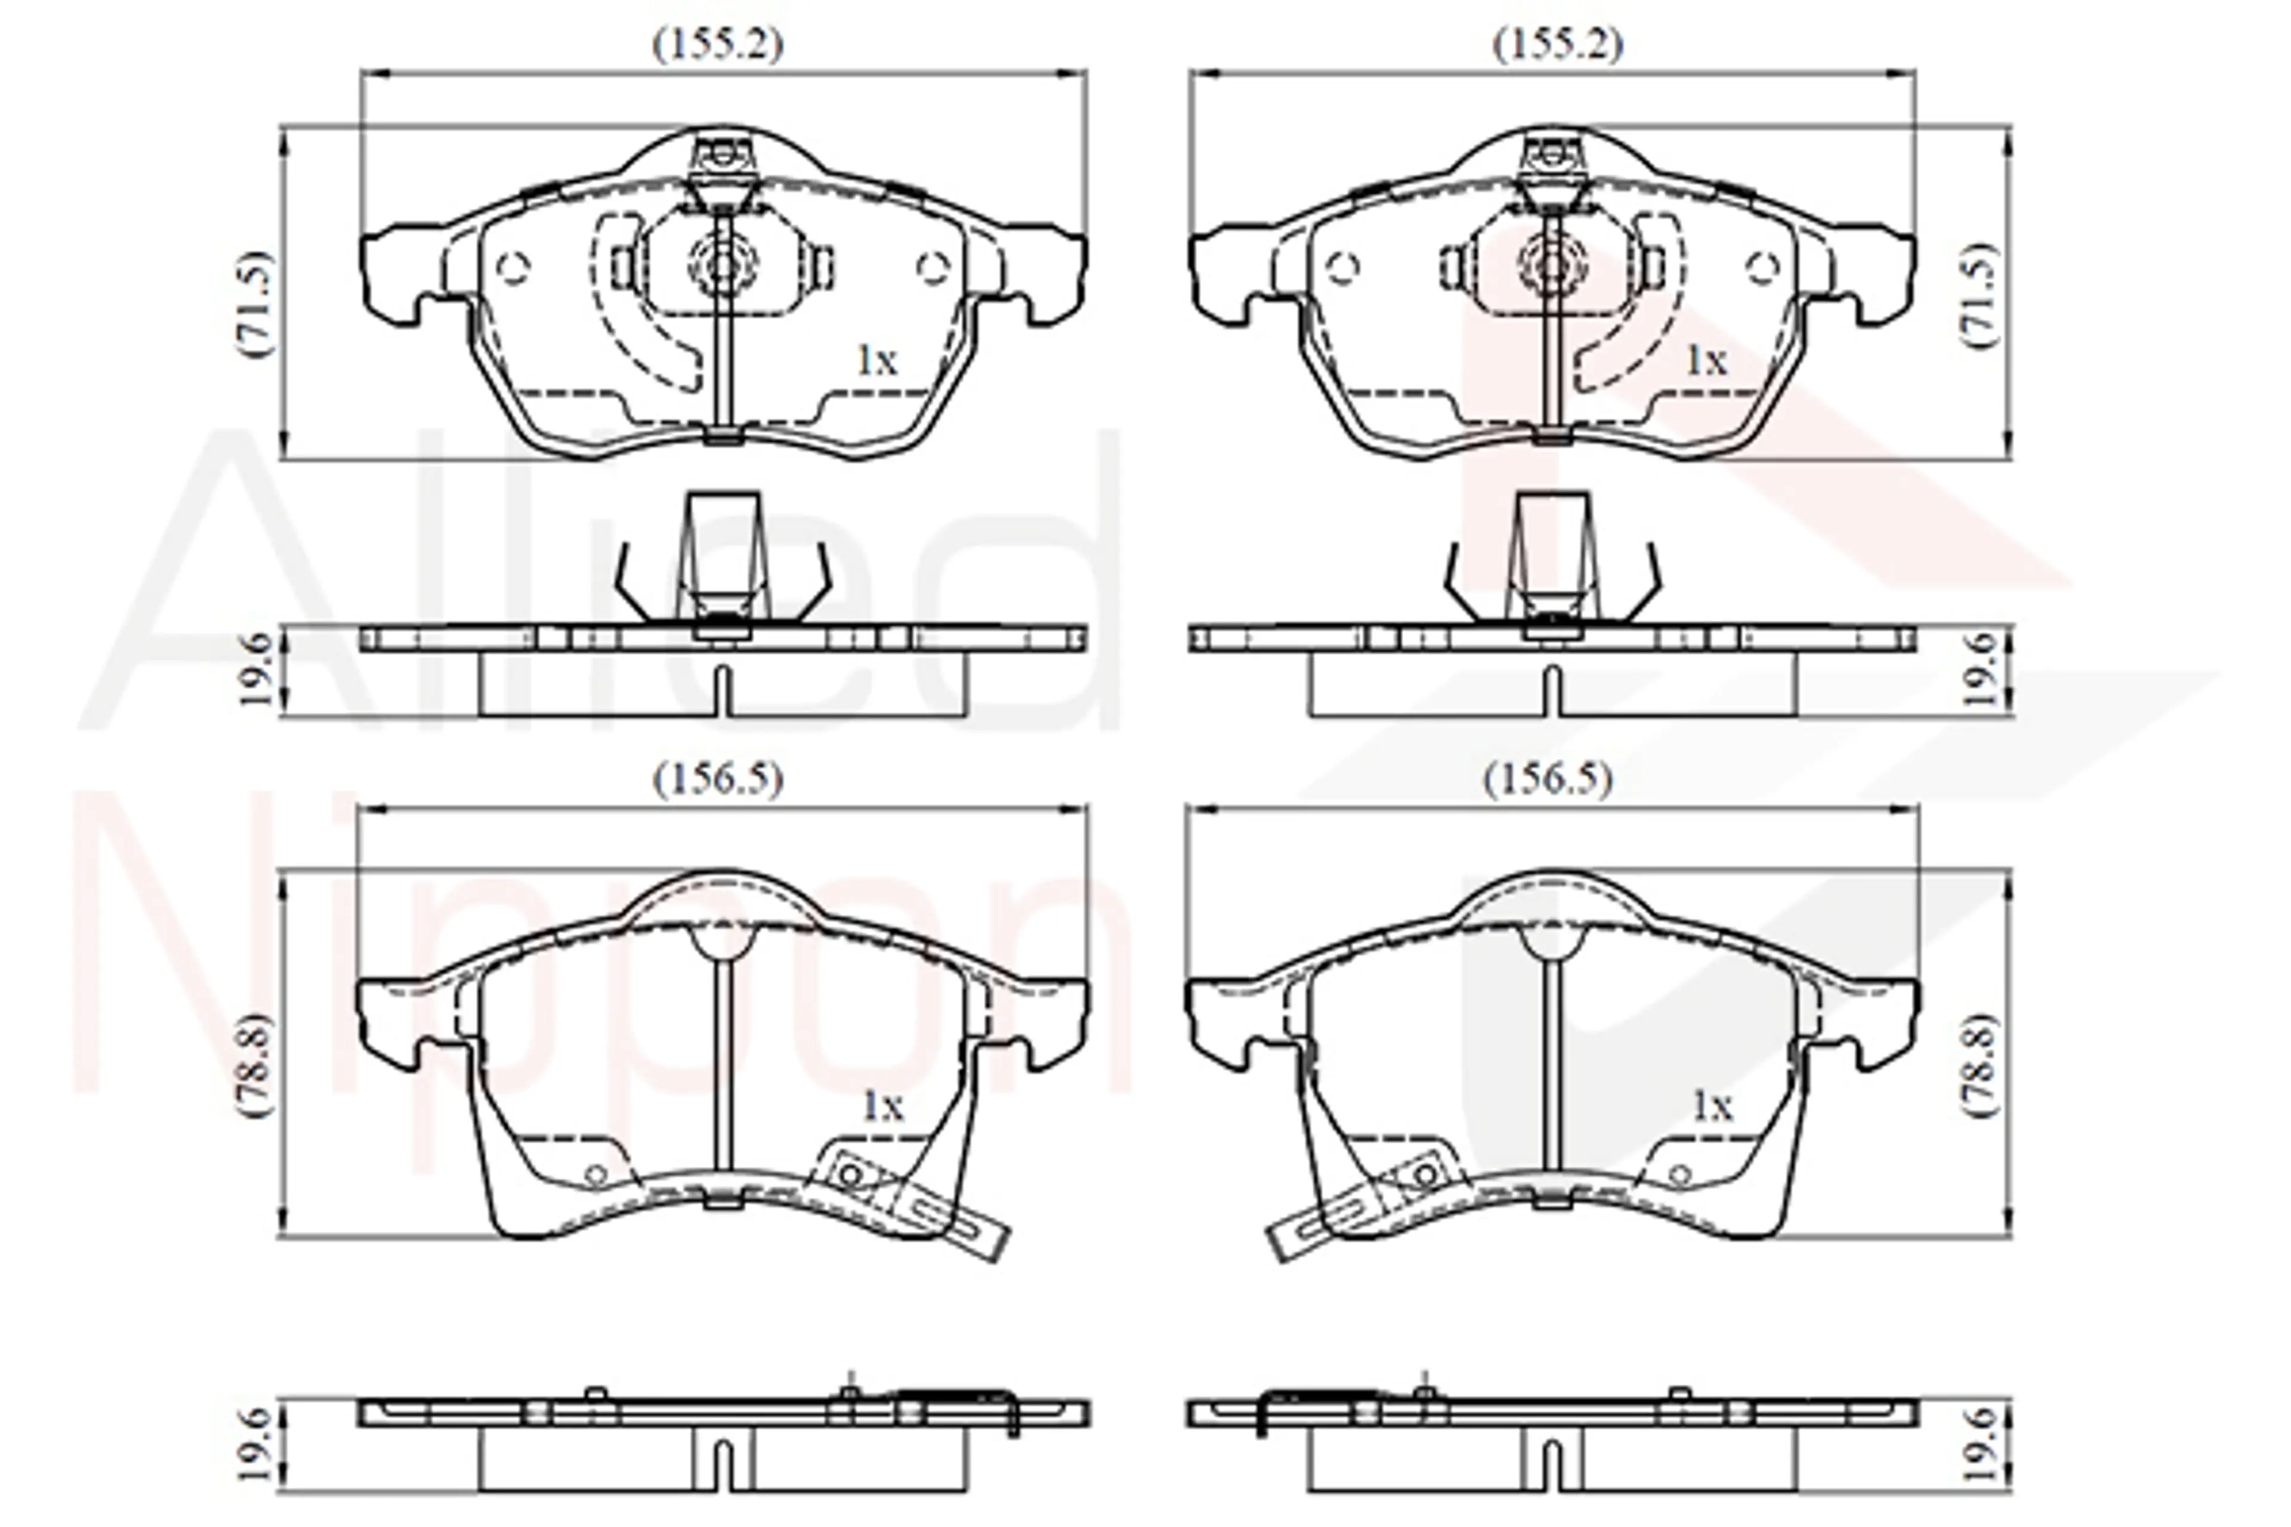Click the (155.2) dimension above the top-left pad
(718, 45)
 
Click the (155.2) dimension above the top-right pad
(1558, 45)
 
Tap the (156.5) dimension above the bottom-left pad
(718, 779)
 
